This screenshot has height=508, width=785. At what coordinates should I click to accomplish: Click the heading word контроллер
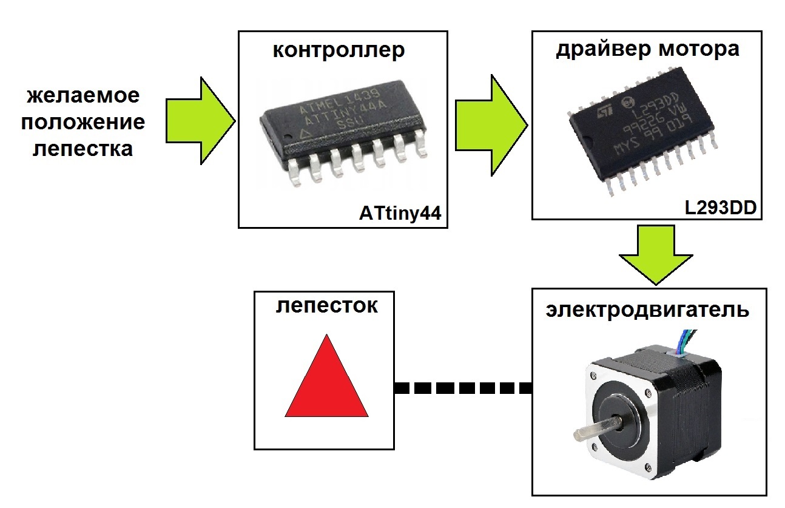pos(338,51)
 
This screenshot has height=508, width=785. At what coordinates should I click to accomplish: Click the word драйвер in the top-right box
pos(598,49)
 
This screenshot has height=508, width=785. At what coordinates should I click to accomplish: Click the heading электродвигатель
pos(647,310)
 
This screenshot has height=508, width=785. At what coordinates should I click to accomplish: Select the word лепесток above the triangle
pos(326,305)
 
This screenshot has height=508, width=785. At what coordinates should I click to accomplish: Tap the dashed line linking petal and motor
pos(463,388)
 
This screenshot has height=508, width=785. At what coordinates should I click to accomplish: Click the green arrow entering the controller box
pos(200,121)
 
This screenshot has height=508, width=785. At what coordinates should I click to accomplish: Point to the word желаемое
pos(83,96)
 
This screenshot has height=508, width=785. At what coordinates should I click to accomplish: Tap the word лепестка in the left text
pos(83,149)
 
